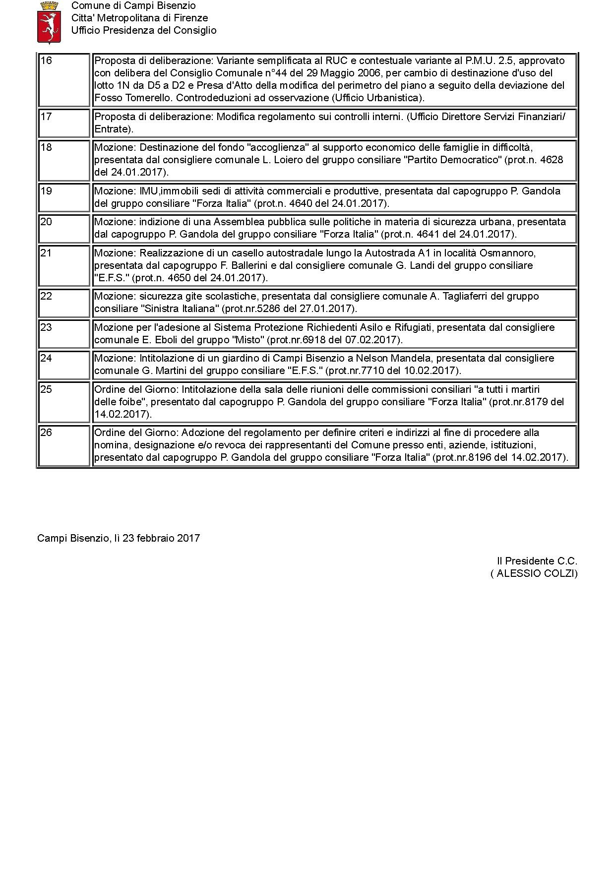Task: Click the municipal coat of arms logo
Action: [x=49, y=22]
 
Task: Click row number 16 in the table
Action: [x=46, y=61]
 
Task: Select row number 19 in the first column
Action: [x=46, y=191]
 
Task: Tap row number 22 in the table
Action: [x=46, y=296]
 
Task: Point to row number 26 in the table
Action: [x=46, y=433]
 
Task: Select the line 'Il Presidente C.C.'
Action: [x=537, y=561]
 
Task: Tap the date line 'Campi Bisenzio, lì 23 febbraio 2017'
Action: [x=119, y=538]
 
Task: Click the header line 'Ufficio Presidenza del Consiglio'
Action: [x=144, y=30]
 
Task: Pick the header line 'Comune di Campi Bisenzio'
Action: [x=133, y=6]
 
